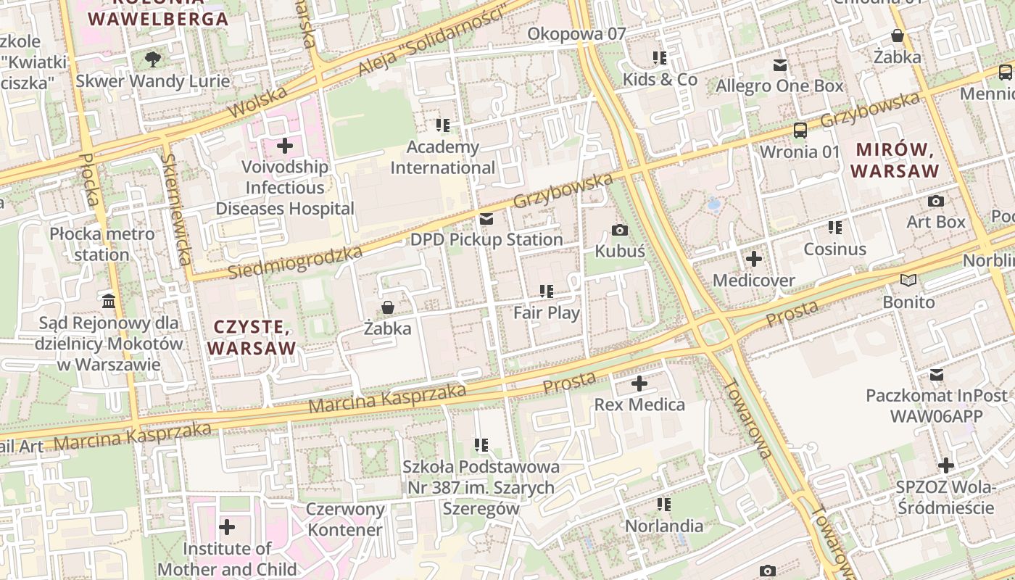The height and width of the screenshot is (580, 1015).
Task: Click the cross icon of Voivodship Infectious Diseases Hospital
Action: (x=285, y=146)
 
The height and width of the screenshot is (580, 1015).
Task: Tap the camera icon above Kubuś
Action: (x=620, y=231)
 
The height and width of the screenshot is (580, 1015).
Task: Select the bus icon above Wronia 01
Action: (x=800, y=130)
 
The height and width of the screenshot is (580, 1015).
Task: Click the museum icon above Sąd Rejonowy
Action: (x=109, y=301)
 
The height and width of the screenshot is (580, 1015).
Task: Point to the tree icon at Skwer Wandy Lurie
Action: (x=152, y=59)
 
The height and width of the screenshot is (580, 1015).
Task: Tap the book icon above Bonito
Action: (x=908, y=280)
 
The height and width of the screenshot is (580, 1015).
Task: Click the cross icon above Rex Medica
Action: (x=639, y=384)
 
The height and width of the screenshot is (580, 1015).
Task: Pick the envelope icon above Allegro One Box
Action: (x=780, y=65)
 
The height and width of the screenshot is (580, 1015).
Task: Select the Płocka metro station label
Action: (x=102, y=244)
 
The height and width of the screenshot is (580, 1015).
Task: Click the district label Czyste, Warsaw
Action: (x=252, y=338)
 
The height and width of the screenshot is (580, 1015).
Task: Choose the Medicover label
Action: (x=754, y=280)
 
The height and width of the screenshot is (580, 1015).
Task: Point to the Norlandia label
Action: (x=664, y=526)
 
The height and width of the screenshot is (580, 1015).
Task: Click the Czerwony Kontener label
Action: (x=344, y=519)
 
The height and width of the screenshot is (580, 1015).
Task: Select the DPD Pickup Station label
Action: (x=486, y=239)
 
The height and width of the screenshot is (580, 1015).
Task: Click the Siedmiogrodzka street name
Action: (x=295, y=262)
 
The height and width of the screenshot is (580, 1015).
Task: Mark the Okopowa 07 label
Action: (x=576, y=33)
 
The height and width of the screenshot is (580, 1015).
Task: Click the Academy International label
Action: (x=443, y=157)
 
